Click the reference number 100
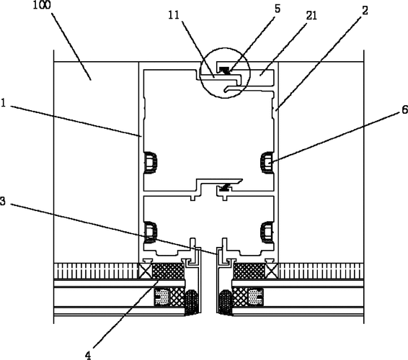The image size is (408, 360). tap(42, 5)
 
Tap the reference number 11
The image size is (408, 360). tap(174, 15)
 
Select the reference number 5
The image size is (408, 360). tap(278, 9)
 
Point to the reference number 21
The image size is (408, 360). tap(311, 16)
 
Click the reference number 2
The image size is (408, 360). tap(365, 11)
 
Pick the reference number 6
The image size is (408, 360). tap(405, 109)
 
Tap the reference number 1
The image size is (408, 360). tap(3, 103)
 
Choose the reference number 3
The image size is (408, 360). tap(3, 201)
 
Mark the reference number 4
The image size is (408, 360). tap(89, 355)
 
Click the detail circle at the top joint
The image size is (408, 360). tap(225, 48)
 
